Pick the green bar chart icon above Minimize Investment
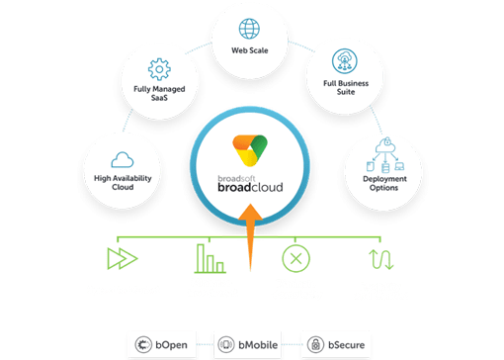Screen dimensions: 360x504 (x=210, y=258)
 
